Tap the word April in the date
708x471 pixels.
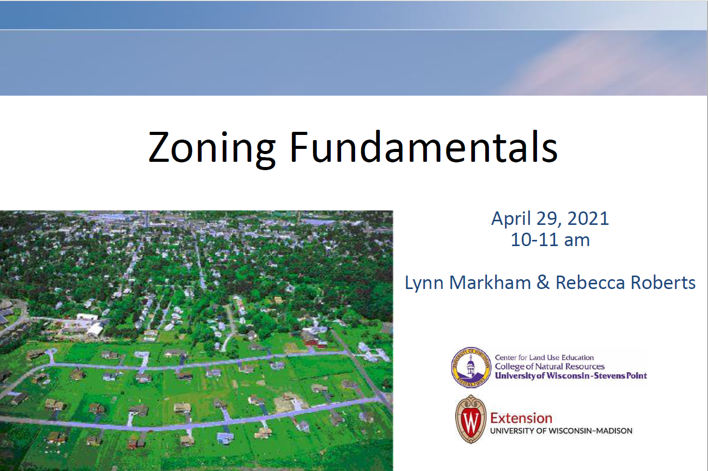tap(511, 219)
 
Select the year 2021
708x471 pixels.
tap(588, 219)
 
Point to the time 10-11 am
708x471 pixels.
tap(550, 240)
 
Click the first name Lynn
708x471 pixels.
tap(424, 283)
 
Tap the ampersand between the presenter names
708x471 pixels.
tap(543, 283)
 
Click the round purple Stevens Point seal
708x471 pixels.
tap(471, 367)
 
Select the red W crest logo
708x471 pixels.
tap(471, 419)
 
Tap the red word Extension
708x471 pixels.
tap(521, 418)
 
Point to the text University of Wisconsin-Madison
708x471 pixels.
tap(561, 431)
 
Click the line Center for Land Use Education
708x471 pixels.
tap(544, 357)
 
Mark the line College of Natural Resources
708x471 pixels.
tap(549, 367)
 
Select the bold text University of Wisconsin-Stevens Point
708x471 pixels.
tap(571, 376)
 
